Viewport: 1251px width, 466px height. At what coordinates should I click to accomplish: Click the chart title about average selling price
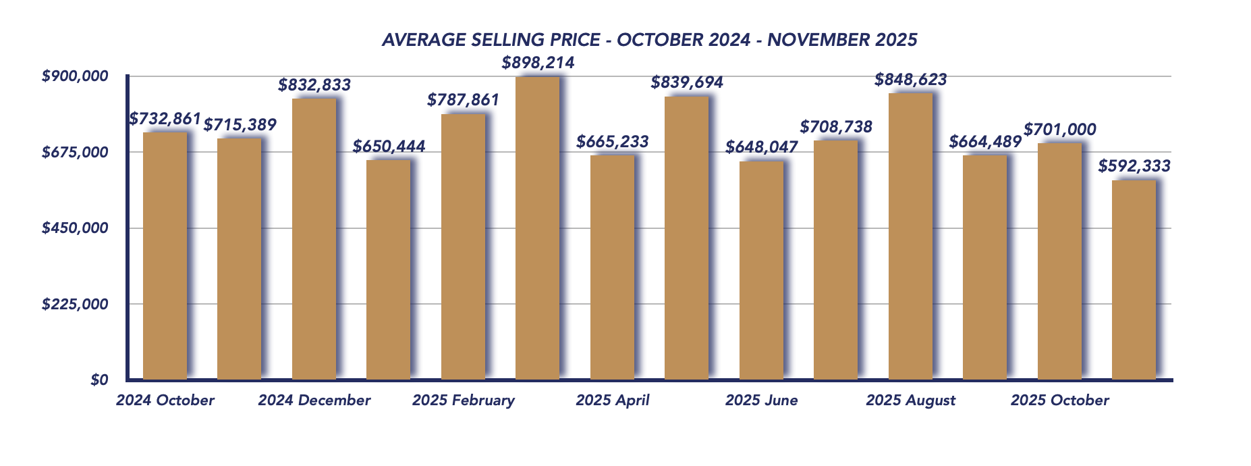click(x=649, y=40)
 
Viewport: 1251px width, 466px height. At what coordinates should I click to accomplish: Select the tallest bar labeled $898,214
click(x=537, y=228)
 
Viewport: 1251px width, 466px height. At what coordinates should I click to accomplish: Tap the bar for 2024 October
click(x=165, y=255)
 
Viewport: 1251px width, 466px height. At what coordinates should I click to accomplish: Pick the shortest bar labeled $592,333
click(x=1134, y=280)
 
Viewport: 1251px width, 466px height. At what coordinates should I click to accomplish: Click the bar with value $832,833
click(x=314, y=239)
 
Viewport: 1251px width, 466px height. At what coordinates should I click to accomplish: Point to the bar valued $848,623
click(x=910, y=236)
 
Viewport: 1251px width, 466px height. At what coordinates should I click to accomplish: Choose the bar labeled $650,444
click(x=388, y=269)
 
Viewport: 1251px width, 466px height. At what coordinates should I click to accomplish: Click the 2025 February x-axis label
click(x=464, y=400)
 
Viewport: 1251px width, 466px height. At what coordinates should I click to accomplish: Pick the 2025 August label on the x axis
click(x=910, y=400)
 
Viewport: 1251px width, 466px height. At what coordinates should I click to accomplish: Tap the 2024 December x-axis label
click(x=314, y=400)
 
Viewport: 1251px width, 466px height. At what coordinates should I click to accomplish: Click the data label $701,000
click(x=1059, y=130)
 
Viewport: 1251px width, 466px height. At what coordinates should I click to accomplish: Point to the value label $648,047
click(x=762, y=147)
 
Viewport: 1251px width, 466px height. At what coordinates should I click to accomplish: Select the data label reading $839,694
click(x=687, y=83)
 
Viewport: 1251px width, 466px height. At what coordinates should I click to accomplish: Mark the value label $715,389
click(x=240, y=125)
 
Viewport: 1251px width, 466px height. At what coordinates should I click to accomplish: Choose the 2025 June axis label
click(x=761, y=400)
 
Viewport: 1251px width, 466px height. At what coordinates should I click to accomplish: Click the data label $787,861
click(x=463, y=101)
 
